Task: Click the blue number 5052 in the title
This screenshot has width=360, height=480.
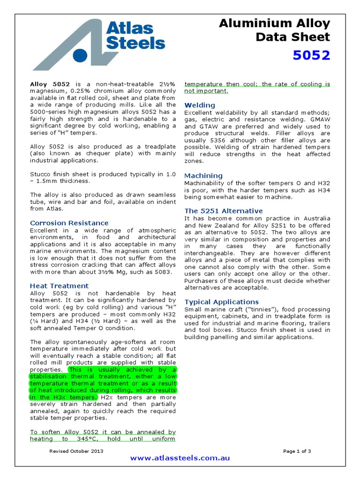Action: [311, 55]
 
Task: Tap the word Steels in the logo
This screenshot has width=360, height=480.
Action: [135, 43]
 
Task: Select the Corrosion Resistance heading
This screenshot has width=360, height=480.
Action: [69, 223]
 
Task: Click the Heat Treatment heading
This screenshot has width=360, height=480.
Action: [59, 285]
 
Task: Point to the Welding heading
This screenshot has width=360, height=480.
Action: [200, 105]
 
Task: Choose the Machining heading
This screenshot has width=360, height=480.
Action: [203, 175]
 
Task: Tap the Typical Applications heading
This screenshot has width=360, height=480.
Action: [221, 302]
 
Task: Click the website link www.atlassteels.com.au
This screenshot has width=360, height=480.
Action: [180, 458]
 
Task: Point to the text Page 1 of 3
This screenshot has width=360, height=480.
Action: [297, 451]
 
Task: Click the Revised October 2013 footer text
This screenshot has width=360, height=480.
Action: [76, 451]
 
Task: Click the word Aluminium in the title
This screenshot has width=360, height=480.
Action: [248, 23]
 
